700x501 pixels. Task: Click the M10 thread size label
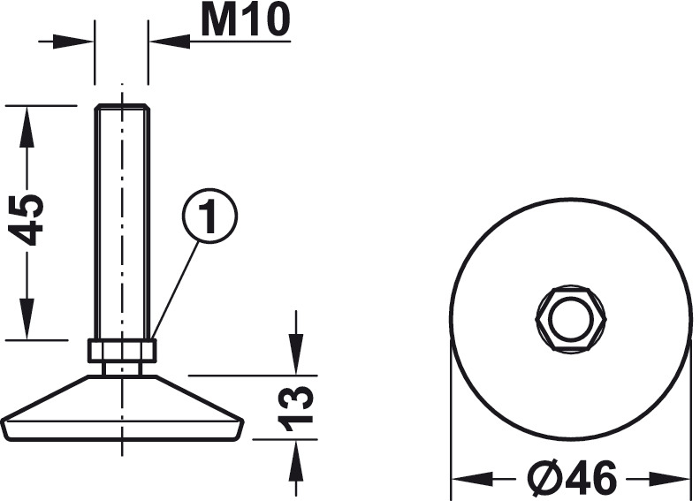tap(246, 20)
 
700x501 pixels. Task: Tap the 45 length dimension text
tap(27, 219)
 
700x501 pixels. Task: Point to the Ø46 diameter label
tap(574, 479)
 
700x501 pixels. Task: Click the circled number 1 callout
tap(209, 216)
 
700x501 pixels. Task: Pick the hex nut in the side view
tap(122, 350)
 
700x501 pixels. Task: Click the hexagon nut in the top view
tap(571, 319)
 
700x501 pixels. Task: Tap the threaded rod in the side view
tap(122, 222)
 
